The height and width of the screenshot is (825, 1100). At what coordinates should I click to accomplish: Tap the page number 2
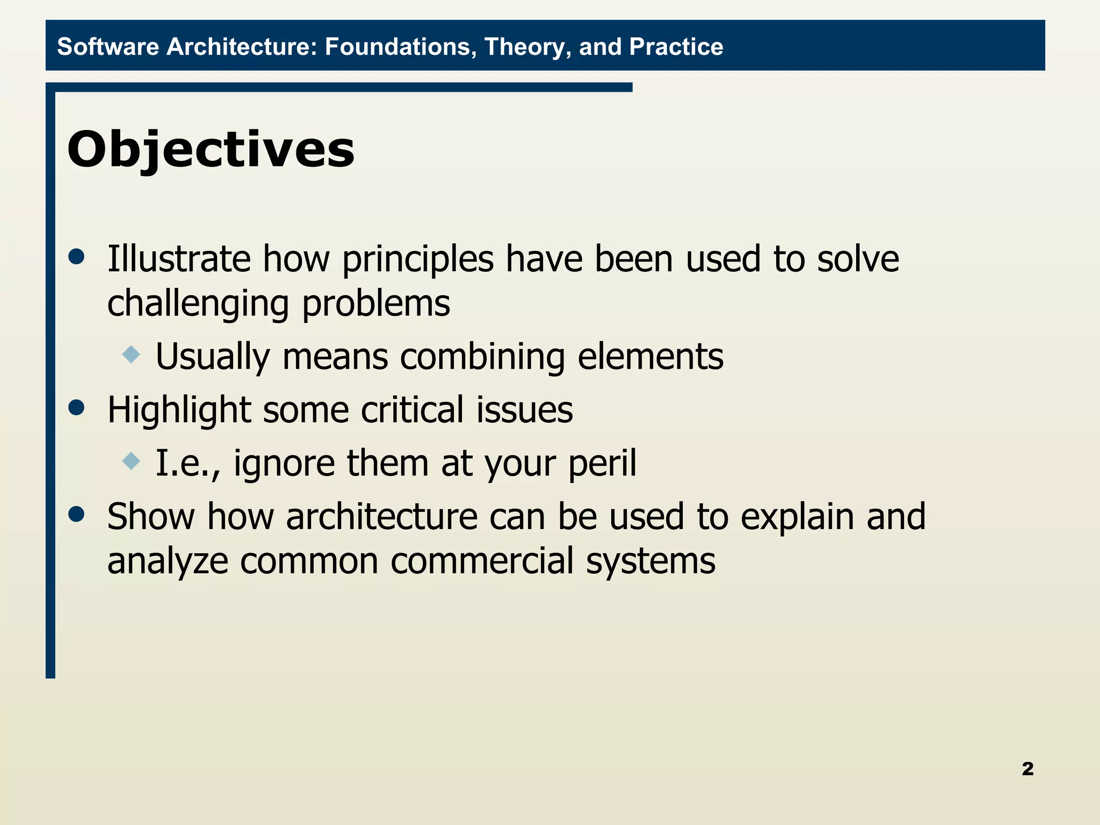click(1027, 769)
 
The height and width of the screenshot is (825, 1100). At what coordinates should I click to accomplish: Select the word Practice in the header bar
click(676, 47)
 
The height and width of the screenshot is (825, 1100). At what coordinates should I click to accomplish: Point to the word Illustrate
click(178, 259)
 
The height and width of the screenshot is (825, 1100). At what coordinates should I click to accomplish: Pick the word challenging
click(198, 304)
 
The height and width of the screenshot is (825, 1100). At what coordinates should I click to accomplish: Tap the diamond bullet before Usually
click(131, 354)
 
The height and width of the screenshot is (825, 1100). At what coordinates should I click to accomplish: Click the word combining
click(482, 357)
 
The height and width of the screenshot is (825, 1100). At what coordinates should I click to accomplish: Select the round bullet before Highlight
click(77, 407)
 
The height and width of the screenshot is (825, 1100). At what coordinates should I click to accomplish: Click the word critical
click(411, 410)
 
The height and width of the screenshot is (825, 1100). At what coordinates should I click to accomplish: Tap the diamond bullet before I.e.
click(131, 461)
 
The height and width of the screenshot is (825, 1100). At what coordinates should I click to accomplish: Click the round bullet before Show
click(77, 514)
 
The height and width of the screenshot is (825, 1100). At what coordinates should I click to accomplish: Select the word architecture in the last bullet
click(381, 517)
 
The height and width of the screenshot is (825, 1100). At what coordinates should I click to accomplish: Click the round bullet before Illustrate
click(77, 257)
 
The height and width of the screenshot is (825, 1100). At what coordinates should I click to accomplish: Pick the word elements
click(650, 357)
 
